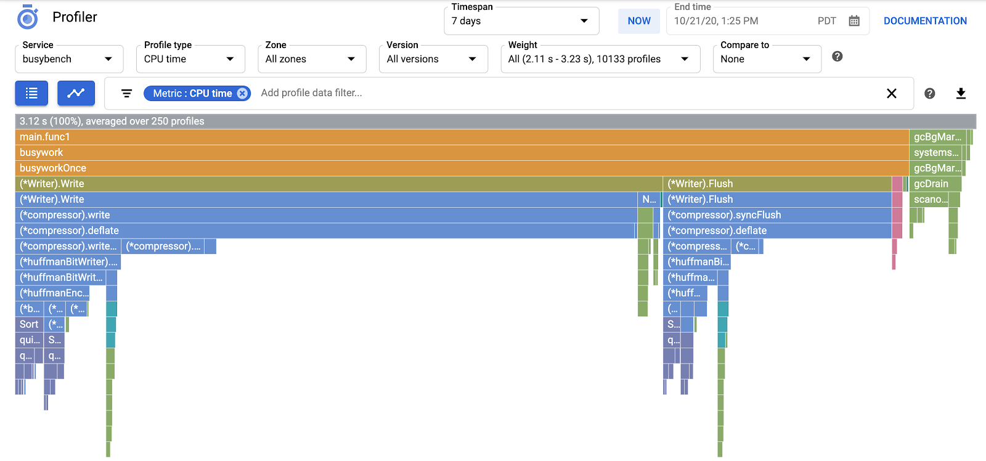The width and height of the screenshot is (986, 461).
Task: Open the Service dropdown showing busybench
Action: pyautogui.click(x=68, y=59)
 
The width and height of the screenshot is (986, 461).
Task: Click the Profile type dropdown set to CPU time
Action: pyautogui.click(x=190, y=59)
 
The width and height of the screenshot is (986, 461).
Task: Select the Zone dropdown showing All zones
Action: pyautogui.click(x=311, y=59)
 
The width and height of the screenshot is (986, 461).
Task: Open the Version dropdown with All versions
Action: pyautogui.click(x=433, y=59)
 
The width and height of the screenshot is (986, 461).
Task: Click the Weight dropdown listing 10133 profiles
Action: pyautogui.click(x=600, y=59)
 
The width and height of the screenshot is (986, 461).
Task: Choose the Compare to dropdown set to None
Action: pyautogui.click(x=766, y=59)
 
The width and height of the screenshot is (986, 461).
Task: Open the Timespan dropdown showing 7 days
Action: pyautogui.click(x=521, y=21)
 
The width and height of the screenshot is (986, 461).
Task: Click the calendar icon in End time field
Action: pyautogui.click(x=854, y=21)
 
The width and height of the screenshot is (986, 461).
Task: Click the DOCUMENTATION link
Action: pyautogui.click(x=925, y=21)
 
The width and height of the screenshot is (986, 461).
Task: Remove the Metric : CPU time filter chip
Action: pyautogui.click(x=243, y=93)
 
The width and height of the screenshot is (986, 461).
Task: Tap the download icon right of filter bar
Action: pyautogui.click(x=961, y=93)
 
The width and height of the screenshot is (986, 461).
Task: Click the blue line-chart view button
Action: pyautogui.click(x=76, y=93)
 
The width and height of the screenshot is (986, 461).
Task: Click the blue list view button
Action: pyautogui.click(x=31, y=93)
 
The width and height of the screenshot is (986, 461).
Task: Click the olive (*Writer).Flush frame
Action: pyautogui.click(x=776, y=184)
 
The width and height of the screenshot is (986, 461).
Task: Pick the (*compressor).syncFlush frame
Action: pyautogui.click(x=776, y=215)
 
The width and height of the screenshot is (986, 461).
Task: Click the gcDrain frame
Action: pyautogui.click(x=934, y=184)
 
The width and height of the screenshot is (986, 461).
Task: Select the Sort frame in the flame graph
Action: pyautogui.click(x=29, y=324)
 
